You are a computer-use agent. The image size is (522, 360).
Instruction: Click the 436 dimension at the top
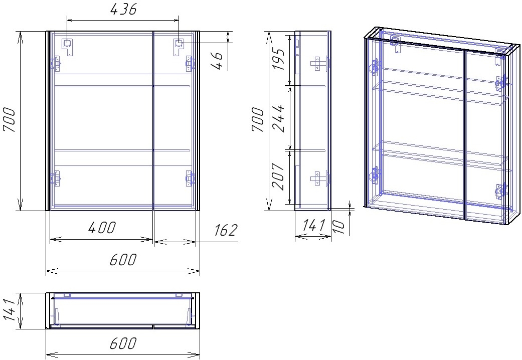123,10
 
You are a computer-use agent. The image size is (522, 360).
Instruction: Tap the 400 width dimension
102,228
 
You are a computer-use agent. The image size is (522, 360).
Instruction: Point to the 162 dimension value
226,230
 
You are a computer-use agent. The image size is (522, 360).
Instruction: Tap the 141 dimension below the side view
313,226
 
